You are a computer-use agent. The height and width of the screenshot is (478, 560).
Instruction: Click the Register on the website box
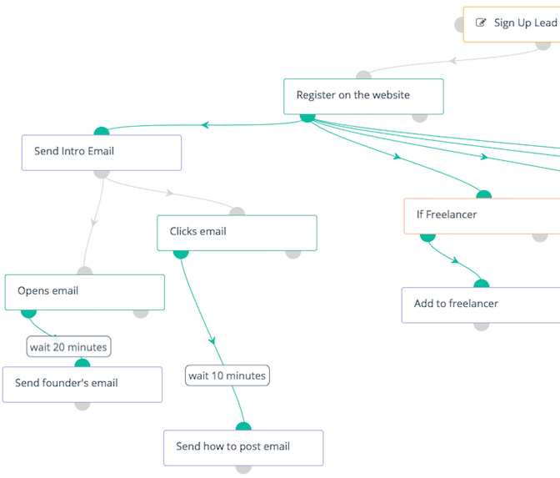pyautogui.click(x=363, y=97)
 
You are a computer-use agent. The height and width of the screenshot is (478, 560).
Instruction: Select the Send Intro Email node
pyautogui.click(x=102, y=153)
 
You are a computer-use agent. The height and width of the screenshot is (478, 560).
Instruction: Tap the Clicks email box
pyautogui.click(x=237, y=233)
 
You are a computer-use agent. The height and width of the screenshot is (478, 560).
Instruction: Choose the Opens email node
pyautogui.click(x=85, y=292)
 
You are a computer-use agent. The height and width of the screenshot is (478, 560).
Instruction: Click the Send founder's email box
pyautogui.click(x=82, y=385)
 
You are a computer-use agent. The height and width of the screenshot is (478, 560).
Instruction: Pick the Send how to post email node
pyautogui.click(x=243, y=448)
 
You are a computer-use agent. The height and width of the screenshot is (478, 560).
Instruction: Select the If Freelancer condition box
pyautogui.click(x=482, y=216)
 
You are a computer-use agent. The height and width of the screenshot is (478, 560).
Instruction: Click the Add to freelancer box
pyautogui.click(x=481, y=305)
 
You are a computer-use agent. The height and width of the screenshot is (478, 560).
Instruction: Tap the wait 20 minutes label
pyautogui.click(x=68, y=346)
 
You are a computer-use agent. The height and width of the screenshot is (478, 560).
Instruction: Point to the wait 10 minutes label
pyautogui.click(x=227, y=375)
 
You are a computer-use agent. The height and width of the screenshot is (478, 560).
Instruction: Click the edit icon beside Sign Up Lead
pyautogui.click(x=481, y=23)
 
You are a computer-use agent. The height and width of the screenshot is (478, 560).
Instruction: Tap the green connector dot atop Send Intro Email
pyautogui.click(x=102, y=131)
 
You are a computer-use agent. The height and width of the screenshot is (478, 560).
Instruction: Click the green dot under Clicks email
pyautogui.click(x=181, y=254)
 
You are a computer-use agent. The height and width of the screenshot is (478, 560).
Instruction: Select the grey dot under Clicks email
pyautogui.click(x=292, y=254)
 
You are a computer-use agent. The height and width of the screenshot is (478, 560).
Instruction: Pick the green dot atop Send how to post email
pyautogui.click(x=243, y=426)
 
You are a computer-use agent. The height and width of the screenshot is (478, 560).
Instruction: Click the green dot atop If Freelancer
pyautogui.click(x=484, y=194)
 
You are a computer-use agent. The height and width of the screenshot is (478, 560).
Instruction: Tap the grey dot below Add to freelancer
pyautogui.click(x=481, y=326)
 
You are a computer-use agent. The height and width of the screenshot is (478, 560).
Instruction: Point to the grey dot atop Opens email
pyautogui.click(x=85, y=270)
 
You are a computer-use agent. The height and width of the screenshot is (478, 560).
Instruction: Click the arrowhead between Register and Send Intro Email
pyautogui.click(x=205, y=125)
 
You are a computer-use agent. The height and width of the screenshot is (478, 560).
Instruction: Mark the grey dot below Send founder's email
pyautogui.click(x=82, y=406)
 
